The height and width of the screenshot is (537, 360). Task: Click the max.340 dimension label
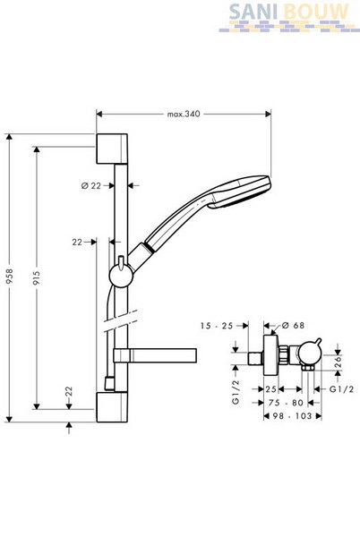184,114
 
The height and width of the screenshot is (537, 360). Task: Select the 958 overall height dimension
9,276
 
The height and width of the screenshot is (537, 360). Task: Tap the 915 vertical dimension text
37,278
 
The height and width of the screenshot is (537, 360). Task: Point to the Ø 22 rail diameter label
91,185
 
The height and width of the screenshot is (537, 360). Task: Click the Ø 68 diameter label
294,326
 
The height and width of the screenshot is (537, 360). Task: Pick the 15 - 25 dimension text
217,326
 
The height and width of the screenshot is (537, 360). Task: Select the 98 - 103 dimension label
292,416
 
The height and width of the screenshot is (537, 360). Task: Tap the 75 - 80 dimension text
286,403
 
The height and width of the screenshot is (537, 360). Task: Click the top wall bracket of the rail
112,149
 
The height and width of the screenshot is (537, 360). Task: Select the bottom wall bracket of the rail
112,407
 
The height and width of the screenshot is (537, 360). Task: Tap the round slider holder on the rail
121,276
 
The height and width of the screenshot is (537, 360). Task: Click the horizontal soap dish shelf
155,355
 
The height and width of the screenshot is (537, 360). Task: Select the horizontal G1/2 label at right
341,389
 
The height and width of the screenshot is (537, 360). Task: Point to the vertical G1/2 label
236,392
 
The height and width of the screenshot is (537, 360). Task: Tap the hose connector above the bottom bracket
109,384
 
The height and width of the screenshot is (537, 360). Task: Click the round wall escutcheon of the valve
271,356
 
